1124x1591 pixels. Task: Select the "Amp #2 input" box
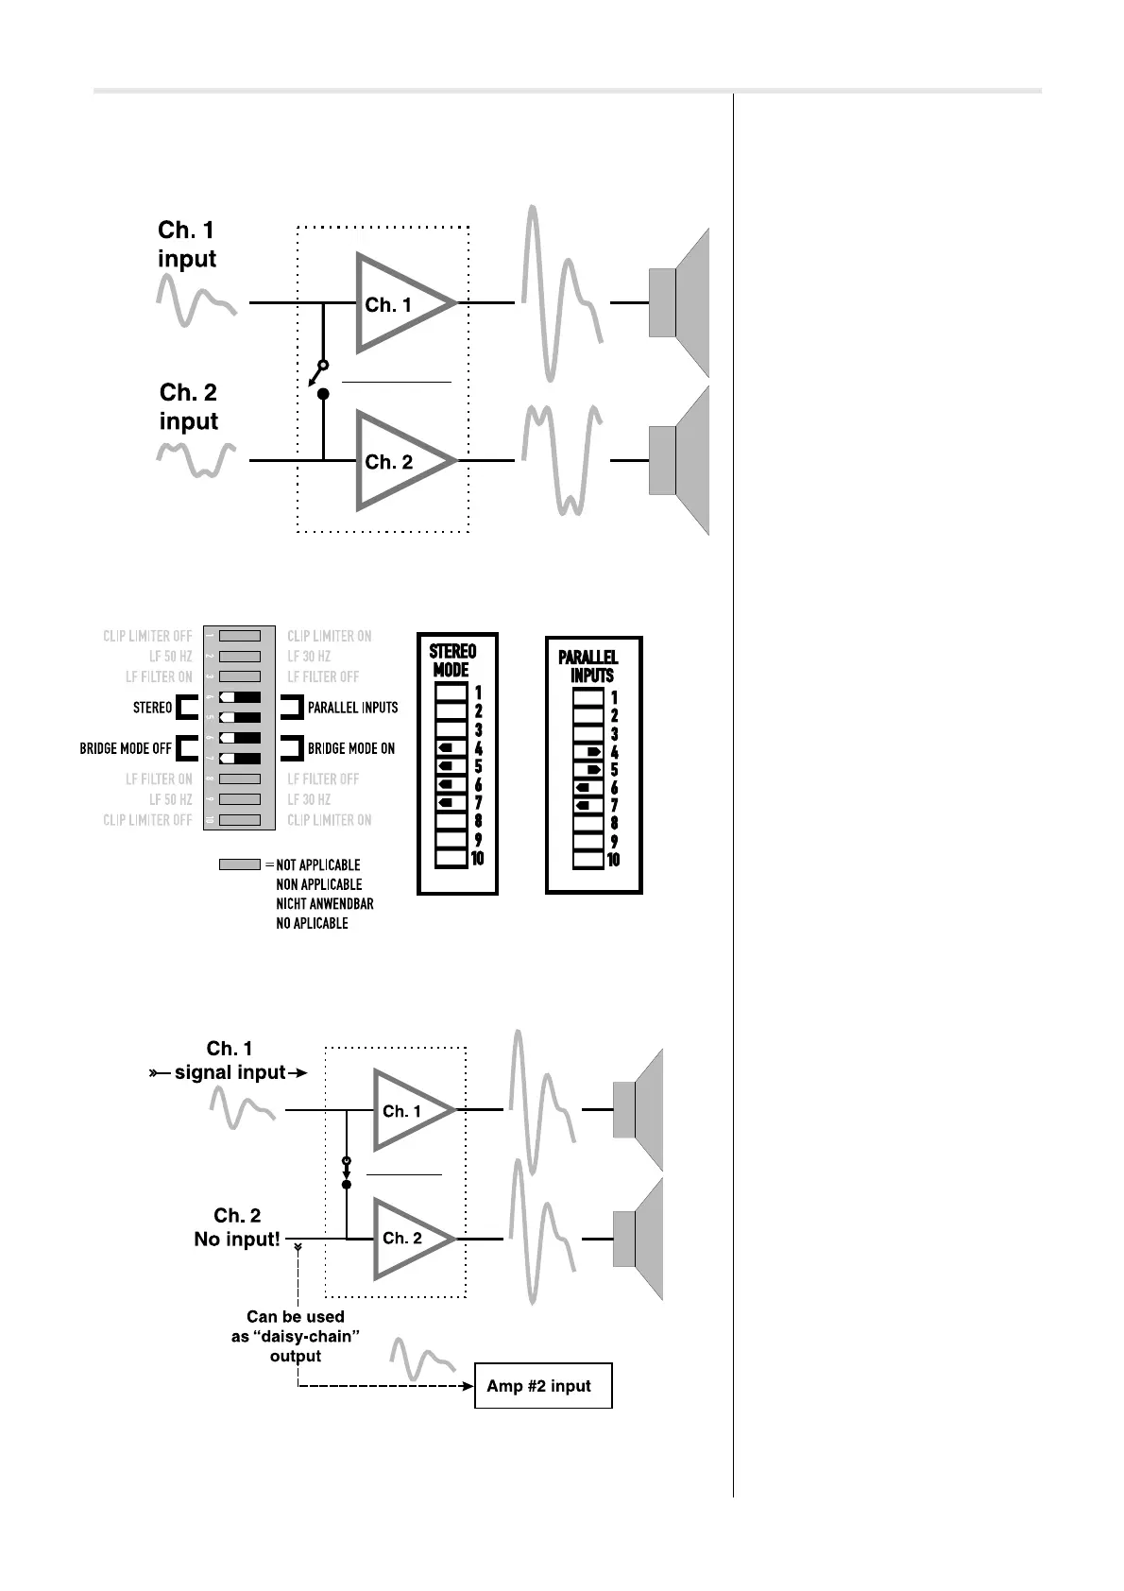pyautogui.click(x=543, y=1386)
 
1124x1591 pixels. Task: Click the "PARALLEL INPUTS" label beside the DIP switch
pyautogui.click(x=352, y=708)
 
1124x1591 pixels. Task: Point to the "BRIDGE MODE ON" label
pyautogui.click(x=350, y=748)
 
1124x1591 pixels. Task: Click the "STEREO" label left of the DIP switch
pyautogui.click(x=153, y=708)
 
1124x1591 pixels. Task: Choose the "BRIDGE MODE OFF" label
pyautogui.click(x=126, y=748)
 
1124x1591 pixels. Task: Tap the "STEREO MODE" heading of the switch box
pyautogui.click(x=452, y=660)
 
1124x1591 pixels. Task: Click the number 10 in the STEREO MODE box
pyautogui.click(x=478, y=858)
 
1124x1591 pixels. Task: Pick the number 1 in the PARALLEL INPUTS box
pyautogui.click(x=614, y=698)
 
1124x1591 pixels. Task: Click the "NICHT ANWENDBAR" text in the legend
pyautogui.click(x=324, y=904)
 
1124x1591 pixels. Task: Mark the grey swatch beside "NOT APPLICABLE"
pyautogui.click(x=239, y=864)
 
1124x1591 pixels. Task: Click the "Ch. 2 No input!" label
pyautogui.click(x=237, y=1227)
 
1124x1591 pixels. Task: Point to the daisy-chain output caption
pyautogui.click(x=296, y=1336)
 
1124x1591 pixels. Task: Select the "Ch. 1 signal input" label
pyautogui.click(x=230, y=1061)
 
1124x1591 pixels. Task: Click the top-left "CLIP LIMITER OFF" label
pyautogui.click(x=147, y=637)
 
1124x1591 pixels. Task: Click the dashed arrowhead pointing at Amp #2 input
pyautogui.click(x=467, y=1386)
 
